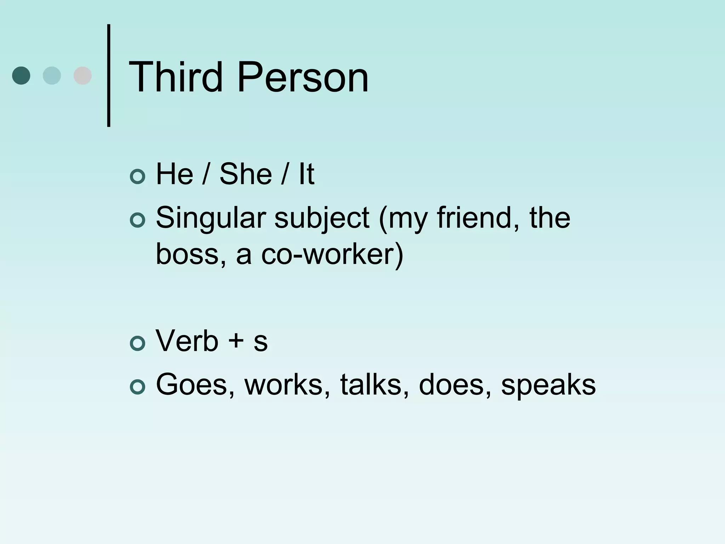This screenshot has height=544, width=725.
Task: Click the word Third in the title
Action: click(176, 77)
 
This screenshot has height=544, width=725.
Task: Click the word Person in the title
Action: click(303, 77)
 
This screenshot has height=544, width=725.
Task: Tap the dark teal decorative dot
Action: click(21, 75)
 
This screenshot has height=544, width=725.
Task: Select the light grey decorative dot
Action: click(82, 75)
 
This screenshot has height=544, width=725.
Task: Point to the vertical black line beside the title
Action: click(109, 75)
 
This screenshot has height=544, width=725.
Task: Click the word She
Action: click(246, 174)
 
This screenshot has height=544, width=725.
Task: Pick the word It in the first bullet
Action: click(306, 174)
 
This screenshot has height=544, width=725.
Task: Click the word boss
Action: click(190, 254)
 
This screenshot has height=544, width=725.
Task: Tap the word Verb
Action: click(187, 341)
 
